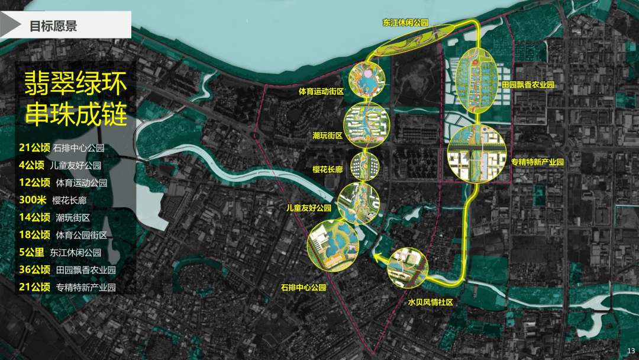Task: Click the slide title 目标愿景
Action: [x=53, y=27]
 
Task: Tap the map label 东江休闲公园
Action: [x=405, y=23]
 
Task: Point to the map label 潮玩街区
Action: [x=328, y=136]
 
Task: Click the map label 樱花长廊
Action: [x=327, y=169]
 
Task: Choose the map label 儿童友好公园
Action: [x=308, y=208]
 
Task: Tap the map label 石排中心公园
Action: [x=304, y=288]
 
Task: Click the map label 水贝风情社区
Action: [x=430, y=302]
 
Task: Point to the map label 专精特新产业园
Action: [x=537, y=162]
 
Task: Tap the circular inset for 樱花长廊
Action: [x=363, y=166]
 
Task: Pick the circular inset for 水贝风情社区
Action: [x=408, y=267]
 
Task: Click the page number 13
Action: [x=630, y=351]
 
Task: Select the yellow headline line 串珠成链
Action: [x=76, y=115]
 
